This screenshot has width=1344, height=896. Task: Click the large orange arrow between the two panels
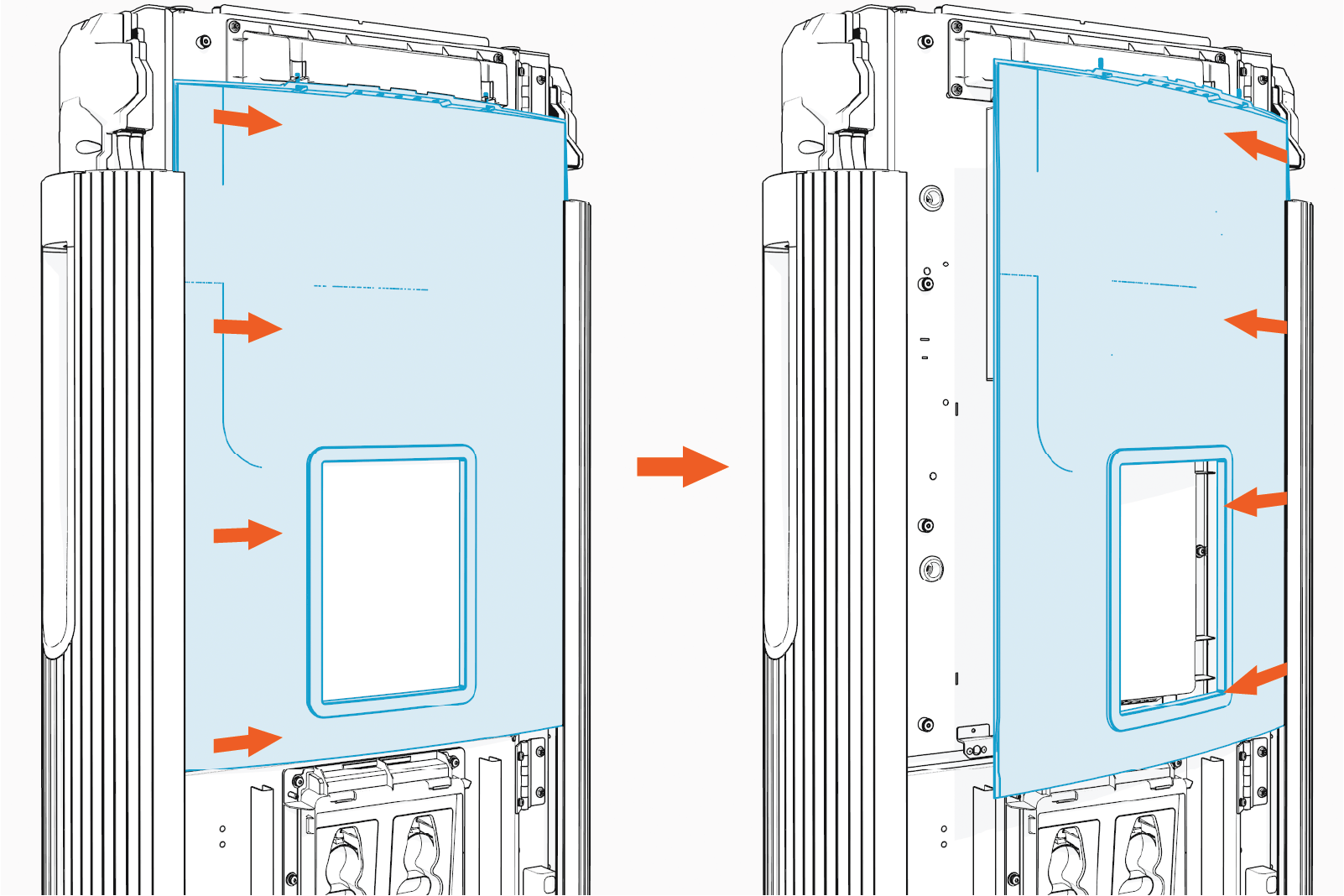pos(681,466)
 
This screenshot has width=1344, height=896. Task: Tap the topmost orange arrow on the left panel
pos(247,120)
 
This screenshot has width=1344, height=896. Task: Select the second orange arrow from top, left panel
pos(247,327)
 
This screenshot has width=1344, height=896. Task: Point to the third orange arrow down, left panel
pos(247,534)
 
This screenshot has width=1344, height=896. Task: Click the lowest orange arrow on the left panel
pos(247,742)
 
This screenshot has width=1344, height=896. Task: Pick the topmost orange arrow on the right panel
pos(1256,145)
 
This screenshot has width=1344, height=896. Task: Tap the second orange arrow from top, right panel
pos(1256,323)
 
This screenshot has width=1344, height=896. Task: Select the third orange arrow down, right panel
pos(1256,502)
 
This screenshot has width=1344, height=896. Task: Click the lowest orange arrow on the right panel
pos(1256,679)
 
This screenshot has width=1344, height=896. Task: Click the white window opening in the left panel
pos(391,579)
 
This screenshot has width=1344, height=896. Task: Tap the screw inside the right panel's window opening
pos(1201,551)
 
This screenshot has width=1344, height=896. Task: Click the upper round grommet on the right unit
pos(931,198)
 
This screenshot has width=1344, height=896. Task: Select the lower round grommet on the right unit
pos(931,569)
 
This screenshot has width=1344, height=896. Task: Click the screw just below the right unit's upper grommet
pos(927,284)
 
